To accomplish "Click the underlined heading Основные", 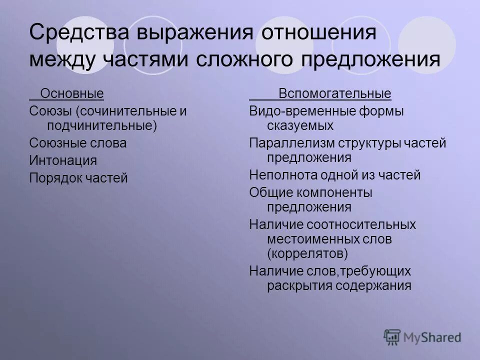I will click(x=72, y=93).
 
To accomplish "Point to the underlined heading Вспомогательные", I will click(x=335, y=93).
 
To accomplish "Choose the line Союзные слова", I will click(x=78, y=143).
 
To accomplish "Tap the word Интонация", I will click(x=63, y=160).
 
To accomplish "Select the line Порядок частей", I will click(x=78, y=178).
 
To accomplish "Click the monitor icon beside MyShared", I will click(x=392, y=337).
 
